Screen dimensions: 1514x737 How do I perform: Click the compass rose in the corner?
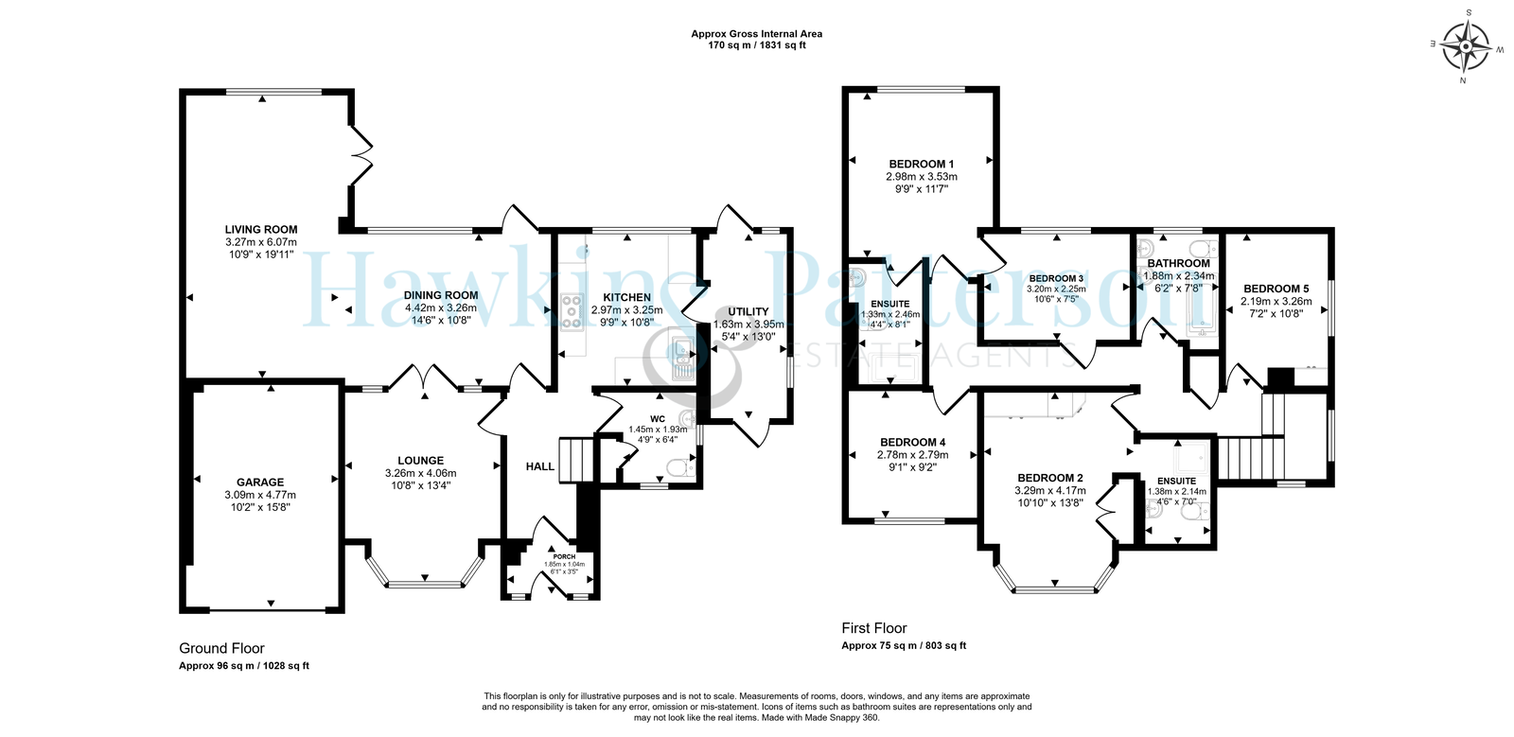(1466, 46)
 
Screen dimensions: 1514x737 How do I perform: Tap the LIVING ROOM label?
(261, 230)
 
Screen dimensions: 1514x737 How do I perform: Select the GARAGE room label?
(260, 483)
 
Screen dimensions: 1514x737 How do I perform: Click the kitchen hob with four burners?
(572, 312)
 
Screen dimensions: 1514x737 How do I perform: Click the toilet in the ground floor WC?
(680, 467)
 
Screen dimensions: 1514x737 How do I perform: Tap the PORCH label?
(564, 556)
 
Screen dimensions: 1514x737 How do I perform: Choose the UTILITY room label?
(748, 311)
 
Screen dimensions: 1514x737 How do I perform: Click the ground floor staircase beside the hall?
(576, 460)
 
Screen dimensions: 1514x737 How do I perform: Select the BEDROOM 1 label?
(922, 164)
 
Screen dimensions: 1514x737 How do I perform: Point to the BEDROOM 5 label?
(1276, 289)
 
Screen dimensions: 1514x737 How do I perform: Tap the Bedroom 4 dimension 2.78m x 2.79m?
(911, 455)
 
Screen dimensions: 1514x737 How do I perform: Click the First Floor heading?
(874, 628)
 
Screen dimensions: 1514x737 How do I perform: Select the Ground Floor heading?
(221, 648)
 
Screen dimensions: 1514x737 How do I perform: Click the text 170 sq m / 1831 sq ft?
(757, 46)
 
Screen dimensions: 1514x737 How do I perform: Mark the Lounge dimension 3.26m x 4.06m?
(420, 473)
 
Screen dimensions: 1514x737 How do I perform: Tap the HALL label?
(540, 466)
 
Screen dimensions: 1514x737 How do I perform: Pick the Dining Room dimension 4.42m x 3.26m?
(441, 307)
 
